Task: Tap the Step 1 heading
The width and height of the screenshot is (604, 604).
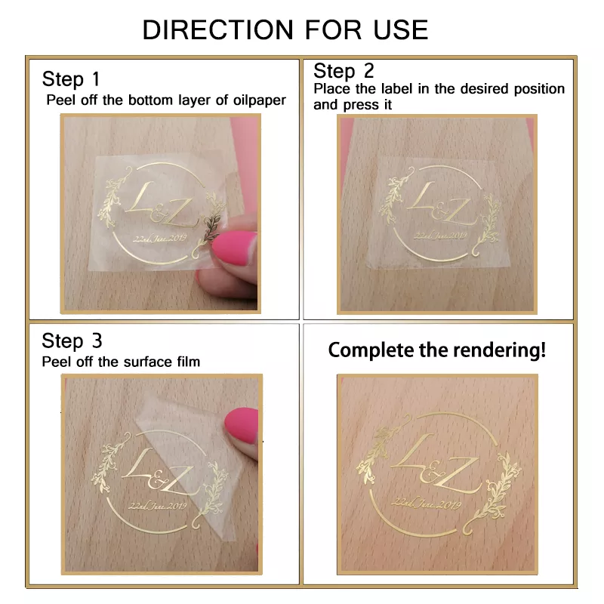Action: tap(70, 79)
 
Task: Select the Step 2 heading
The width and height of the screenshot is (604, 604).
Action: tap(344, 71)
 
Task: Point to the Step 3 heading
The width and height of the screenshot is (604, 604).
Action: tap(72, 341)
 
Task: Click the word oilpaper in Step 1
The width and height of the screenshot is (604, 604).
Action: tap(256, 100)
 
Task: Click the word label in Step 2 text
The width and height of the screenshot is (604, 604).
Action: tap(397, 89)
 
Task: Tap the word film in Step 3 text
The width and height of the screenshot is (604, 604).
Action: tap(185, 362)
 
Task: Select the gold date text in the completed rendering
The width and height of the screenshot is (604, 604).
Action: tap(427, 505)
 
